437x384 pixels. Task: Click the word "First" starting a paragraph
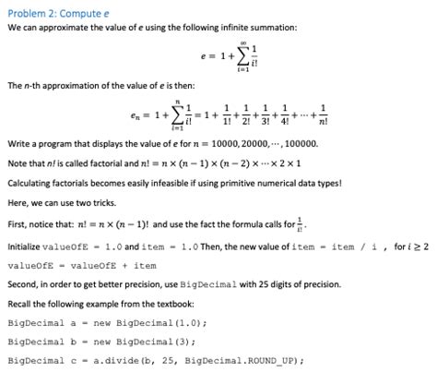pos(17,224)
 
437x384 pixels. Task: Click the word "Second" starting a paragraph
pos(23,285)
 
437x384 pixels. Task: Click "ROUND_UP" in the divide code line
pos(277,360)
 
